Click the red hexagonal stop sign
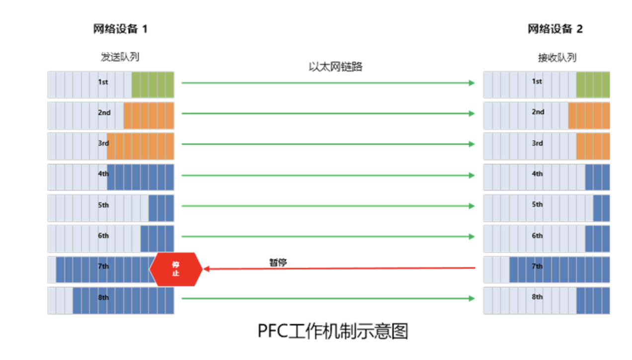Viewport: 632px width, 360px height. click(176, 269)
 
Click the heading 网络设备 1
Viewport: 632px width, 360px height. click(120, 29)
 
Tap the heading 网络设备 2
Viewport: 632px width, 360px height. click(555, 29)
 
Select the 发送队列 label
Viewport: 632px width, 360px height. click(120, 57)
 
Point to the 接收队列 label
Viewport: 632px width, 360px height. click(557, 58)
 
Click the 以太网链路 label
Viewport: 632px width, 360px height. click(335, 67)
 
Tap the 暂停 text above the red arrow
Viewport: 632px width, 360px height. click(278, 263)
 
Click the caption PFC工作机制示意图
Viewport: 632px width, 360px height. click(333, 331)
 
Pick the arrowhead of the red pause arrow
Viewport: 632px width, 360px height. click(206, 269)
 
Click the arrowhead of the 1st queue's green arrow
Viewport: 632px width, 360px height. click(472, 83)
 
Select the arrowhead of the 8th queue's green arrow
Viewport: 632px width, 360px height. click(472, 298)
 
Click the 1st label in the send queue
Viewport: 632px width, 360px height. click(103, 82)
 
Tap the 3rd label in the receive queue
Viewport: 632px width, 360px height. click(537, 143)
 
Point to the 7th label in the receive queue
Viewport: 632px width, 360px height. click(537, 266)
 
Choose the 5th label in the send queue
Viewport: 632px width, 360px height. click(103, 205)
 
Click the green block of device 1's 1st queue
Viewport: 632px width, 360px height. click(153, 85)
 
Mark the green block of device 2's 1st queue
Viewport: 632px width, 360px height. click(593, 85)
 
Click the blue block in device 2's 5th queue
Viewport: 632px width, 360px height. click(601, 208)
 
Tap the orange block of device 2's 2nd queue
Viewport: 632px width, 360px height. click(589, 116)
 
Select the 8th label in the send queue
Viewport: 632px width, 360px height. click(103, 297)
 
